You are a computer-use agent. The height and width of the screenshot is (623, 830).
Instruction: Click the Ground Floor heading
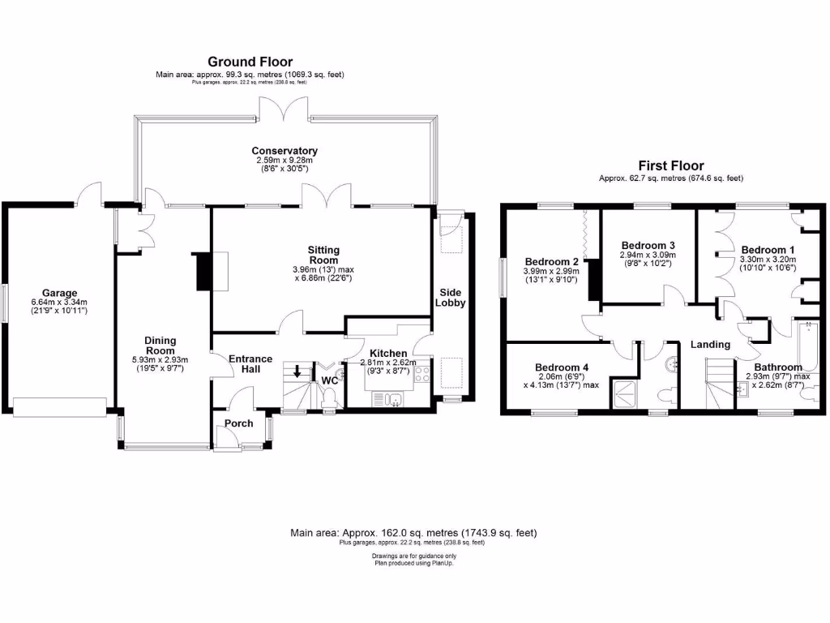point(250,62)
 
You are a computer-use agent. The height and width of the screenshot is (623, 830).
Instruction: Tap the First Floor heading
point(670,165)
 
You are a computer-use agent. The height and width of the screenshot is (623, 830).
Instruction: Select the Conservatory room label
point(284,151)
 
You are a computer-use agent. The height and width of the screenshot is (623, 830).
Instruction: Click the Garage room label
point(60,293)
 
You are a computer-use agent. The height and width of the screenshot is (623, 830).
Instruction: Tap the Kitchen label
point(388,354)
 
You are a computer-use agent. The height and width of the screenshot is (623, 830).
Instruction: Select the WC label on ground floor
point(330,380)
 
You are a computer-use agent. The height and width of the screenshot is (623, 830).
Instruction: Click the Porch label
point(239,423)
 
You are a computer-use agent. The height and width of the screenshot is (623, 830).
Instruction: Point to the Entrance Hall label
point(250,365)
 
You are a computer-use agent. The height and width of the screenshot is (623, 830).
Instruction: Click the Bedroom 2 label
point(550,261)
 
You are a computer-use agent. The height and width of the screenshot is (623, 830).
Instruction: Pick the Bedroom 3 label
point(648,245)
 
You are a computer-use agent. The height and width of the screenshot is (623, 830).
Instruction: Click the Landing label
point(710,345)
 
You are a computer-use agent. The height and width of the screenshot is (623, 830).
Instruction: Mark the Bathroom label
point(778,367)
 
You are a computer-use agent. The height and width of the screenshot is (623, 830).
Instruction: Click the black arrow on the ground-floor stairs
point(297,372)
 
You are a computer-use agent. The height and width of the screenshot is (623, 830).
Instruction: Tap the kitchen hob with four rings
point(422,374)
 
